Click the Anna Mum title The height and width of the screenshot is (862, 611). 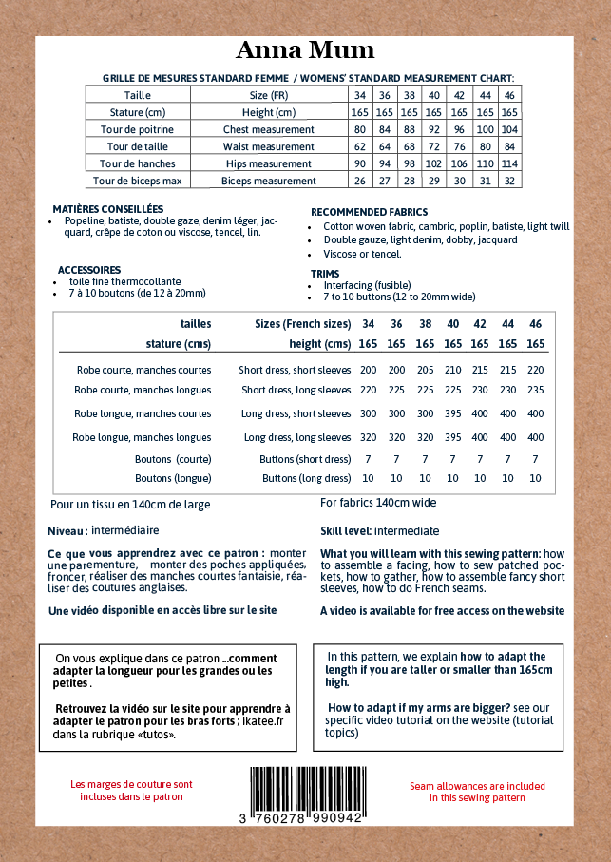[x=305, y=50]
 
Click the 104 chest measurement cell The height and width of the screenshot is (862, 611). [x=509, y=129]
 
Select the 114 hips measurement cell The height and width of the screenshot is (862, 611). [x=509, y=163]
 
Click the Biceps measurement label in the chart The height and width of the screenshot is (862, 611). [x=268, y=181]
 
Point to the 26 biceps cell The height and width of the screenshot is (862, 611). [x=359, y=181]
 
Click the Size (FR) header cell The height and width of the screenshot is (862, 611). [x=268, y=95]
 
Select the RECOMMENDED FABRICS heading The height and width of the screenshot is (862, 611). [x=369, y=212]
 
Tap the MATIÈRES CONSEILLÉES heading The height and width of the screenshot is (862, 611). [x=108, y=209]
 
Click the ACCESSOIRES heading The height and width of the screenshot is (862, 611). [x=89, y=270]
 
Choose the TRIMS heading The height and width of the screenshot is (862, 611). [x=325, y=274]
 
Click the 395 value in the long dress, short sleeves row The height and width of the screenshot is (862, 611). [x=453, y=413]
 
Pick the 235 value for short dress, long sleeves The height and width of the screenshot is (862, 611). [x=536, y=390]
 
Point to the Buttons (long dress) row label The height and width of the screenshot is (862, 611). [x=306, y=478]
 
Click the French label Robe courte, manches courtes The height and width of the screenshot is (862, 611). [x=143, y=370]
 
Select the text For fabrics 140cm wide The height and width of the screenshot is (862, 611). [x=378, y=503]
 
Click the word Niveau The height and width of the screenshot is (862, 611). [x=67, y=530]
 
